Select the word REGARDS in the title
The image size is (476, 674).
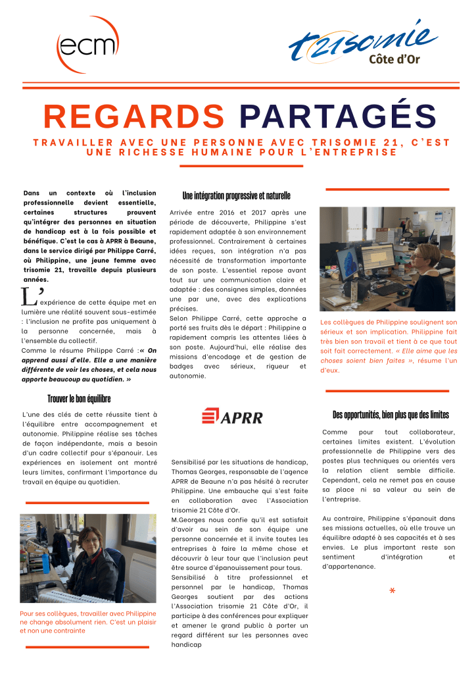click(135, 117)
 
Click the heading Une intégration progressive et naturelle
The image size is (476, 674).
click(236, 196)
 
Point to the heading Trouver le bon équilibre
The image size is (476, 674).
click(79, 398)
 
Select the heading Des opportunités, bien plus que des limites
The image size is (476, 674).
click(391, 415)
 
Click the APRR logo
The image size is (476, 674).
click(232, 416)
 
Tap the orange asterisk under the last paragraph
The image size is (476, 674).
click(393, 591)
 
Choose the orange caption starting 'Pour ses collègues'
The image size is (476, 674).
click(88, 622)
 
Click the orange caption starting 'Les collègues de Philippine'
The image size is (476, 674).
click(389, 346)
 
